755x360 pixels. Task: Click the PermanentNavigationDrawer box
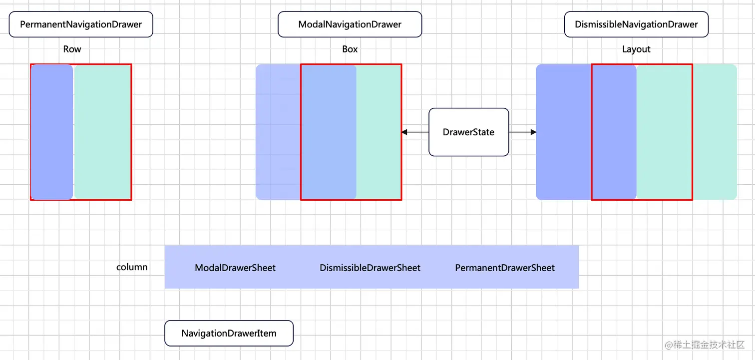pyautogui.click(x=81, y=24)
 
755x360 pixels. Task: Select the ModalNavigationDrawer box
pyautogui.click(x=350, y=24)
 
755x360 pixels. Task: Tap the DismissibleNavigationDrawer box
pyautogui.click(x=636, y=24)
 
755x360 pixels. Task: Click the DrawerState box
pyautogui.click(x=468, y=132)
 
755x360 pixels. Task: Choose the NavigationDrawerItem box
pyautogui.click(x=229, y=334)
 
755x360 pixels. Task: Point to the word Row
pyautogui.click(x=72, y=49)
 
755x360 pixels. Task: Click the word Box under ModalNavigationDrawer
pyautogui.click(x=350, y=49)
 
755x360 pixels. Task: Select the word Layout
pyautogui.click(x=636, y=49)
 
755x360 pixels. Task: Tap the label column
pyautogui.click(x=132, y=267)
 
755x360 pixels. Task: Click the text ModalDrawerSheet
pyautogui.click(x=235, y=268)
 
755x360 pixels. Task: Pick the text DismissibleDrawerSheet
pyautogui.click(x=370, y=268)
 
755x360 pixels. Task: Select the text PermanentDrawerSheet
pyautogui.click(x=505, y=268)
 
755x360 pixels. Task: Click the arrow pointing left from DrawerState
pyautogui.click(x=414, y=132)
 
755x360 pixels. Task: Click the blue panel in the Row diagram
pyautogui.click(x=52, y=132)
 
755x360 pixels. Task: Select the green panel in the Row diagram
pyautogui.click(x=102, y=132)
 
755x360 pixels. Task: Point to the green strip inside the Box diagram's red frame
pyautogui.click(x=378, y=132)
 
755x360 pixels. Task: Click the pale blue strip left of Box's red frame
pyautogui.click(x=278, y=132)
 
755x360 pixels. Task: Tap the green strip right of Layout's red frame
pyautogui.click(x=715, y=132)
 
